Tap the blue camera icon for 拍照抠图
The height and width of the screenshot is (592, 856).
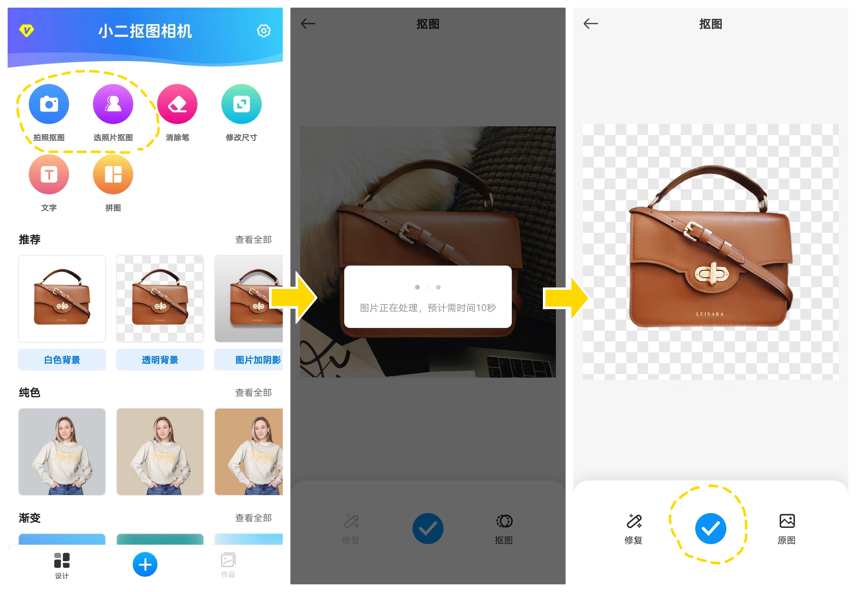pos(49,104)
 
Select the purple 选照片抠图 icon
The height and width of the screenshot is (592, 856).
pos(113,104)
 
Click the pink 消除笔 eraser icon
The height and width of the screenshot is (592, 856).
pos(177,104)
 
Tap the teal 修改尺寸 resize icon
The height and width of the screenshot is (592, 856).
pos(242,104)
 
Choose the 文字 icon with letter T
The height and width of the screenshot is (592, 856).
pos(49,174)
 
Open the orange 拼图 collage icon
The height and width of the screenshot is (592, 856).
pos(113,174)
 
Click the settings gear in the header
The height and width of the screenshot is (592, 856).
pos(264,31)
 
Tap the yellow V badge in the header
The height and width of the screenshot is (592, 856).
pos(27,30)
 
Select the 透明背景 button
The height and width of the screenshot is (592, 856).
pos(160,360)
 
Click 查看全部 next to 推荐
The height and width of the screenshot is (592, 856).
pos(253,240)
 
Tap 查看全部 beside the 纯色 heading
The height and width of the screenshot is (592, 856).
pos(253,392)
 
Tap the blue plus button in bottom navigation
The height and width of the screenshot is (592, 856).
pos(145,565)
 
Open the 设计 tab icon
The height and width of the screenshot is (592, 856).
pos(62,560)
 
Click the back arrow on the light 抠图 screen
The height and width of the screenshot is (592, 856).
pos(591,24)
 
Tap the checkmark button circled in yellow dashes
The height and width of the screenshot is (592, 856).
pos(711,529)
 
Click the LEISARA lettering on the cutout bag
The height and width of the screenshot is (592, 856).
pos(710,314)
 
